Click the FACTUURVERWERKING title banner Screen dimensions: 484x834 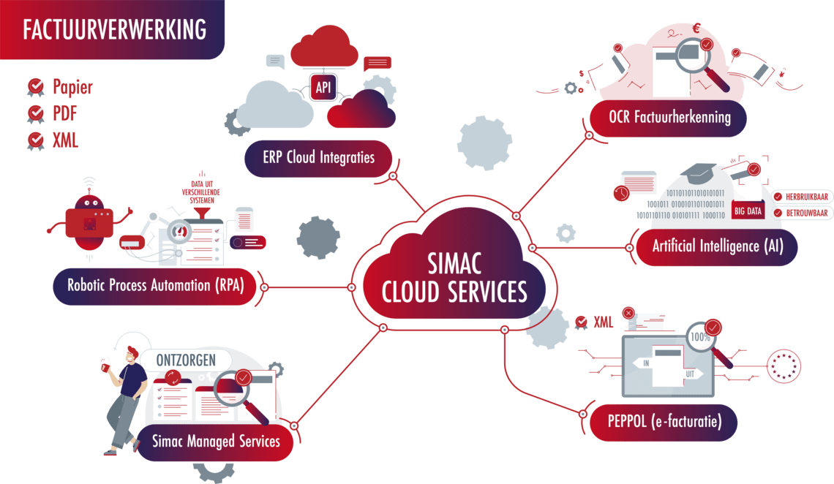click(x=113, y=29)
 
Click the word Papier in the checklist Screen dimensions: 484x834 click(x=72, y=88)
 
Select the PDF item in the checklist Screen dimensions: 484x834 click(x=64, y=113)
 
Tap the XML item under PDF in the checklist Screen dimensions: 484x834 click(x=65, y=139)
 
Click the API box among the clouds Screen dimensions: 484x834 click(x=323, y=88)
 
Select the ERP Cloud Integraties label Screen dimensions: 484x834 click(x=318, y=157)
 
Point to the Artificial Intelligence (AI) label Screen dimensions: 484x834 click(x=717, y=246)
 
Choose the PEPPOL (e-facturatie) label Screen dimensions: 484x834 click(x=664, y=422)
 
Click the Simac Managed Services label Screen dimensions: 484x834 click(x=215, y=441)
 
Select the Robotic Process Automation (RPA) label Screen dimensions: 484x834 click(x=159, y=285)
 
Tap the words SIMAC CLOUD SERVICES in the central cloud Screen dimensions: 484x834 click(x=454, y=278)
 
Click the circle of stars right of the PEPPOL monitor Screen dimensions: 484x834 click(x=783, y=365)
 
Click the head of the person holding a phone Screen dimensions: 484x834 click(x=131, y=355)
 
